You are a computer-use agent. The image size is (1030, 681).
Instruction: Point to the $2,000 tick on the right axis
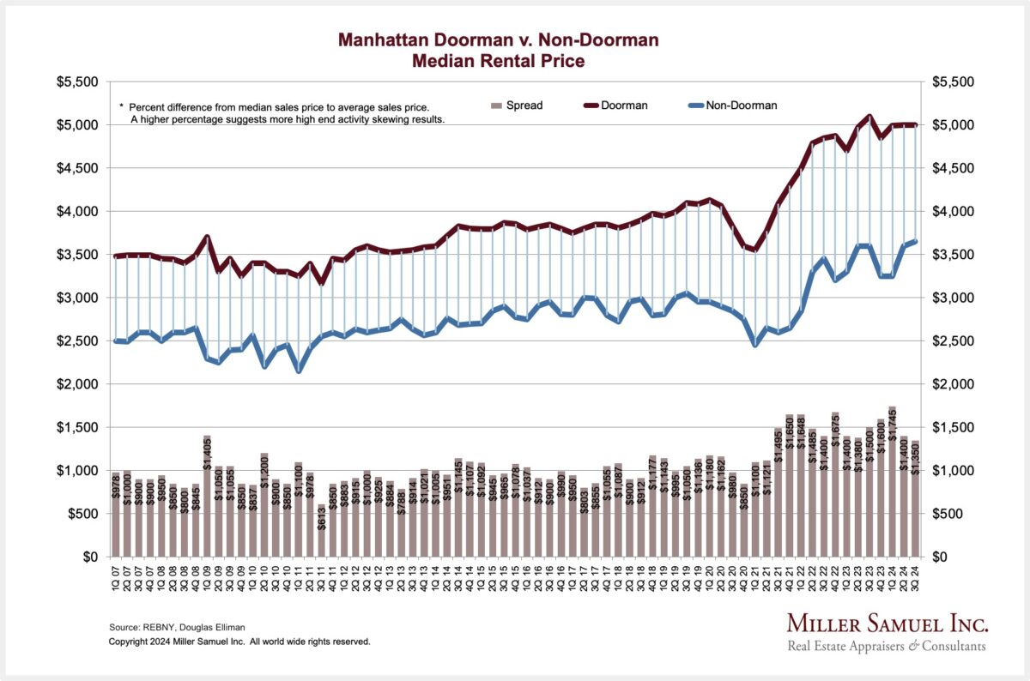point(952,384)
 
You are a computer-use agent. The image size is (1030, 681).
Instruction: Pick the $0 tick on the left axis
point(88,557)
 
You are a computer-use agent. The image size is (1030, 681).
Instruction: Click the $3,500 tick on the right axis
point(952,255)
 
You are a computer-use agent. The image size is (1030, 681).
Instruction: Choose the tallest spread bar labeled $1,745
point(892,481)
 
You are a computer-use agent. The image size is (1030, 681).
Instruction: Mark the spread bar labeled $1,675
point(834,485)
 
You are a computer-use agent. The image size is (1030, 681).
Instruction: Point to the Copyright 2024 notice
point(239,641)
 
